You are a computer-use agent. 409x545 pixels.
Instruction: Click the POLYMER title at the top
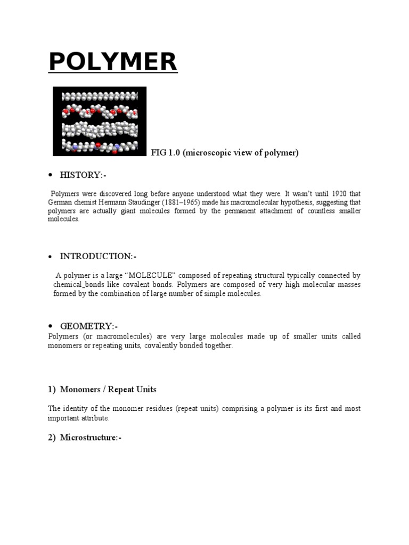pos(113,62)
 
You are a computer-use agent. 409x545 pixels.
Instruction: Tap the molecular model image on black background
pos(100,121)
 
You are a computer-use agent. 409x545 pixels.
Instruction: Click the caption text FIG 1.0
pos(168,153)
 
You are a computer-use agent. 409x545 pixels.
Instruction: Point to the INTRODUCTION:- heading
pos(99,256)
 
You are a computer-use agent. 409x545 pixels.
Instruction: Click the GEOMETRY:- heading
pos(89,326)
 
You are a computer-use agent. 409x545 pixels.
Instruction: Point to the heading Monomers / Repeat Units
pos(108,390)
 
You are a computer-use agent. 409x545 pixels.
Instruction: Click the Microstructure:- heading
pos(91,437)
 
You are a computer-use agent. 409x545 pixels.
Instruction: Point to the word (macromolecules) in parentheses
pos(122,336)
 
